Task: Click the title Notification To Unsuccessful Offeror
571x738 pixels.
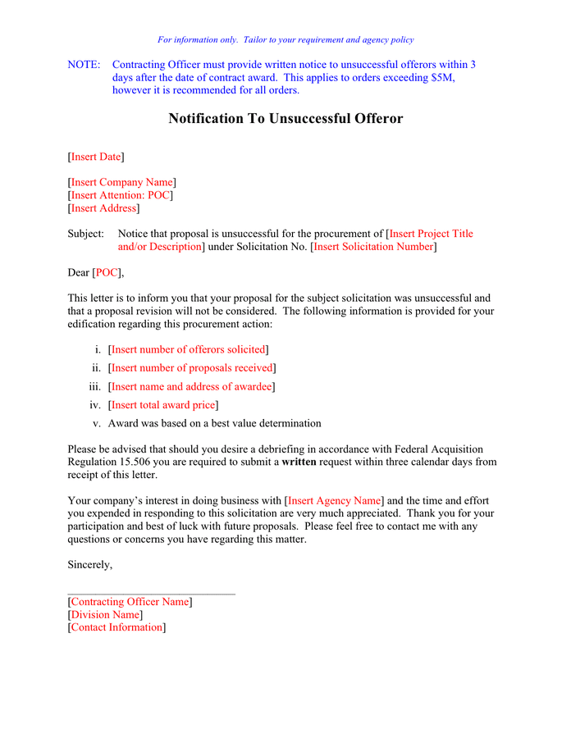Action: [285, 119]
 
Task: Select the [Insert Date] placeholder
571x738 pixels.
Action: [96, 157]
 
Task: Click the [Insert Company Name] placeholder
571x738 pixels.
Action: [121, 182]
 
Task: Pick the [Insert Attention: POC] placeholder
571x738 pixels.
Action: [120, 195]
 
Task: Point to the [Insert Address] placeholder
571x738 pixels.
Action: [103, 208]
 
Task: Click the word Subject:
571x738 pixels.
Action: [85, 234]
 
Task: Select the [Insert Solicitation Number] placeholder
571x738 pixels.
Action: [373, 247]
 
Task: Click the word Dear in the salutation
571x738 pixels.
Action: [79, 272]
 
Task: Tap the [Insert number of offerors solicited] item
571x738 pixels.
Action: [189, 349]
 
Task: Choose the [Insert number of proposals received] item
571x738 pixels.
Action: [192, 368]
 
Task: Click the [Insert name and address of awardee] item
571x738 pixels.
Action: [192, 386]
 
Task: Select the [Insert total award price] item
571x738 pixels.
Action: [163, 405]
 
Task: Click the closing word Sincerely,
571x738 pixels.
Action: [89, 564]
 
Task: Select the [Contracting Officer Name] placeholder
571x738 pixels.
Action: [130, 602]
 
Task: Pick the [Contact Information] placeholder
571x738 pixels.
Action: [116, 627]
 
